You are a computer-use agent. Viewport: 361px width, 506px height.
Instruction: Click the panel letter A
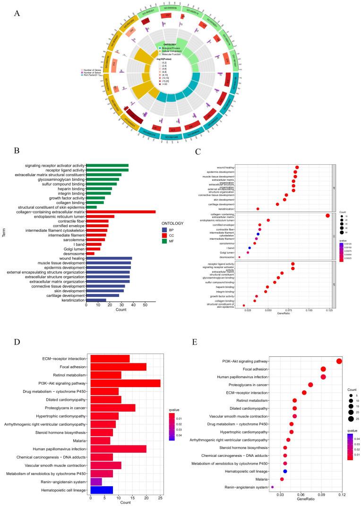tap(17, 13)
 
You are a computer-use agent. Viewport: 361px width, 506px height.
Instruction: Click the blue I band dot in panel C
tap(249, 247)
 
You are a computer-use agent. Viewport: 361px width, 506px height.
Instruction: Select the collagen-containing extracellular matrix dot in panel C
tap(327, 216)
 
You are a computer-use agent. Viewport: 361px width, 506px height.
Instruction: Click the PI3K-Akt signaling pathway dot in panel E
tap(339, 361)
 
